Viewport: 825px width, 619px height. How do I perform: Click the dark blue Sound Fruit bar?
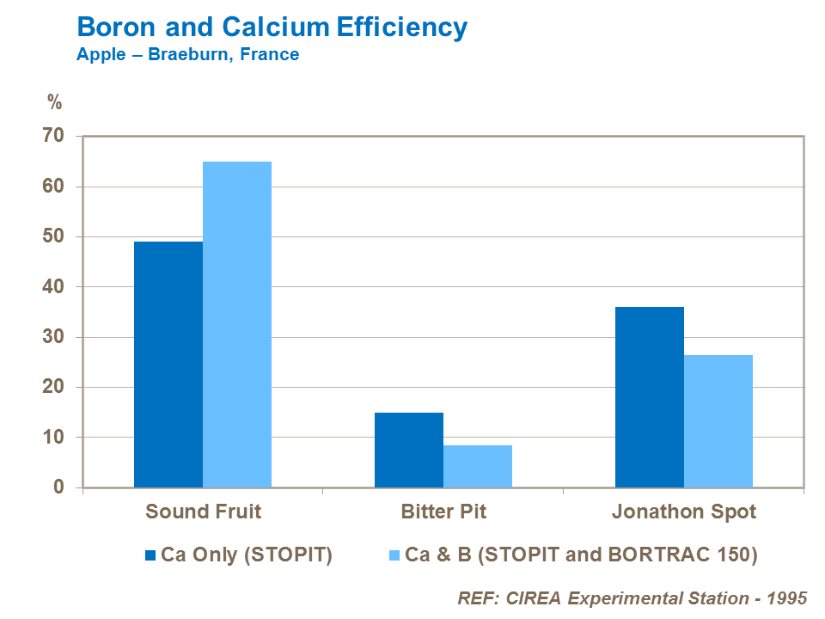click(x=168, y=365)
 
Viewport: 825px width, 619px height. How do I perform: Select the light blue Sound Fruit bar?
click(x=237, y=324)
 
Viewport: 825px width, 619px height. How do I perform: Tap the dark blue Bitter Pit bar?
click(x=409, y=450)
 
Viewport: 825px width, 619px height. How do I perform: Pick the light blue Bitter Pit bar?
click(x=478, y=466)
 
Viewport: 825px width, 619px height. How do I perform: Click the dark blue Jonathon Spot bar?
click(x=650, y=397)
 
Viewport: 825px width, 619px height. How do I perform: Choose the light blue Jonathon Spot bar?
click(x=718, y=421)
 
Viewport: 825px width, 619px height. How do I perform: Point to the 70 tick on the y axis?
click(x=53, y=136)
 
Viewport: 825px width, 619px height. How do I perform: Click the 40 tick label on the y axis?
click(x=53, y=286)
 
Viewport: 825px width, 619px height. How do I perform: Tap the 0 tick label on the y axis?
click(x=58, y=487)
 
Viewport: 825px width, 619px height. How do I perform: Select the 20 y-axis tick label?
click(x=53, y=387)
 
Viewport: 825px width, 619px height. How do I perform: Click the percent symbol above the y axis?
click(x=55, y=103)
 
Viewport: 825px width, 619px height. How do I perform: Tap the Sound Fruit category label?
click(x=203, y=512)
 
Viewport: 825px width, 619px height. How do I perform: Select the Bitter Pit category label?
click(x=443, y=512)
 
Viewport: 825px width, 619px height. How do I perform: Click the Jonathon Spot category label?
click(x=684, y=512)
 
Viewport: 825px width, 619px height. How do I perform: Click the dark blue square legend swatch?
click(x=151, y=555)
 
